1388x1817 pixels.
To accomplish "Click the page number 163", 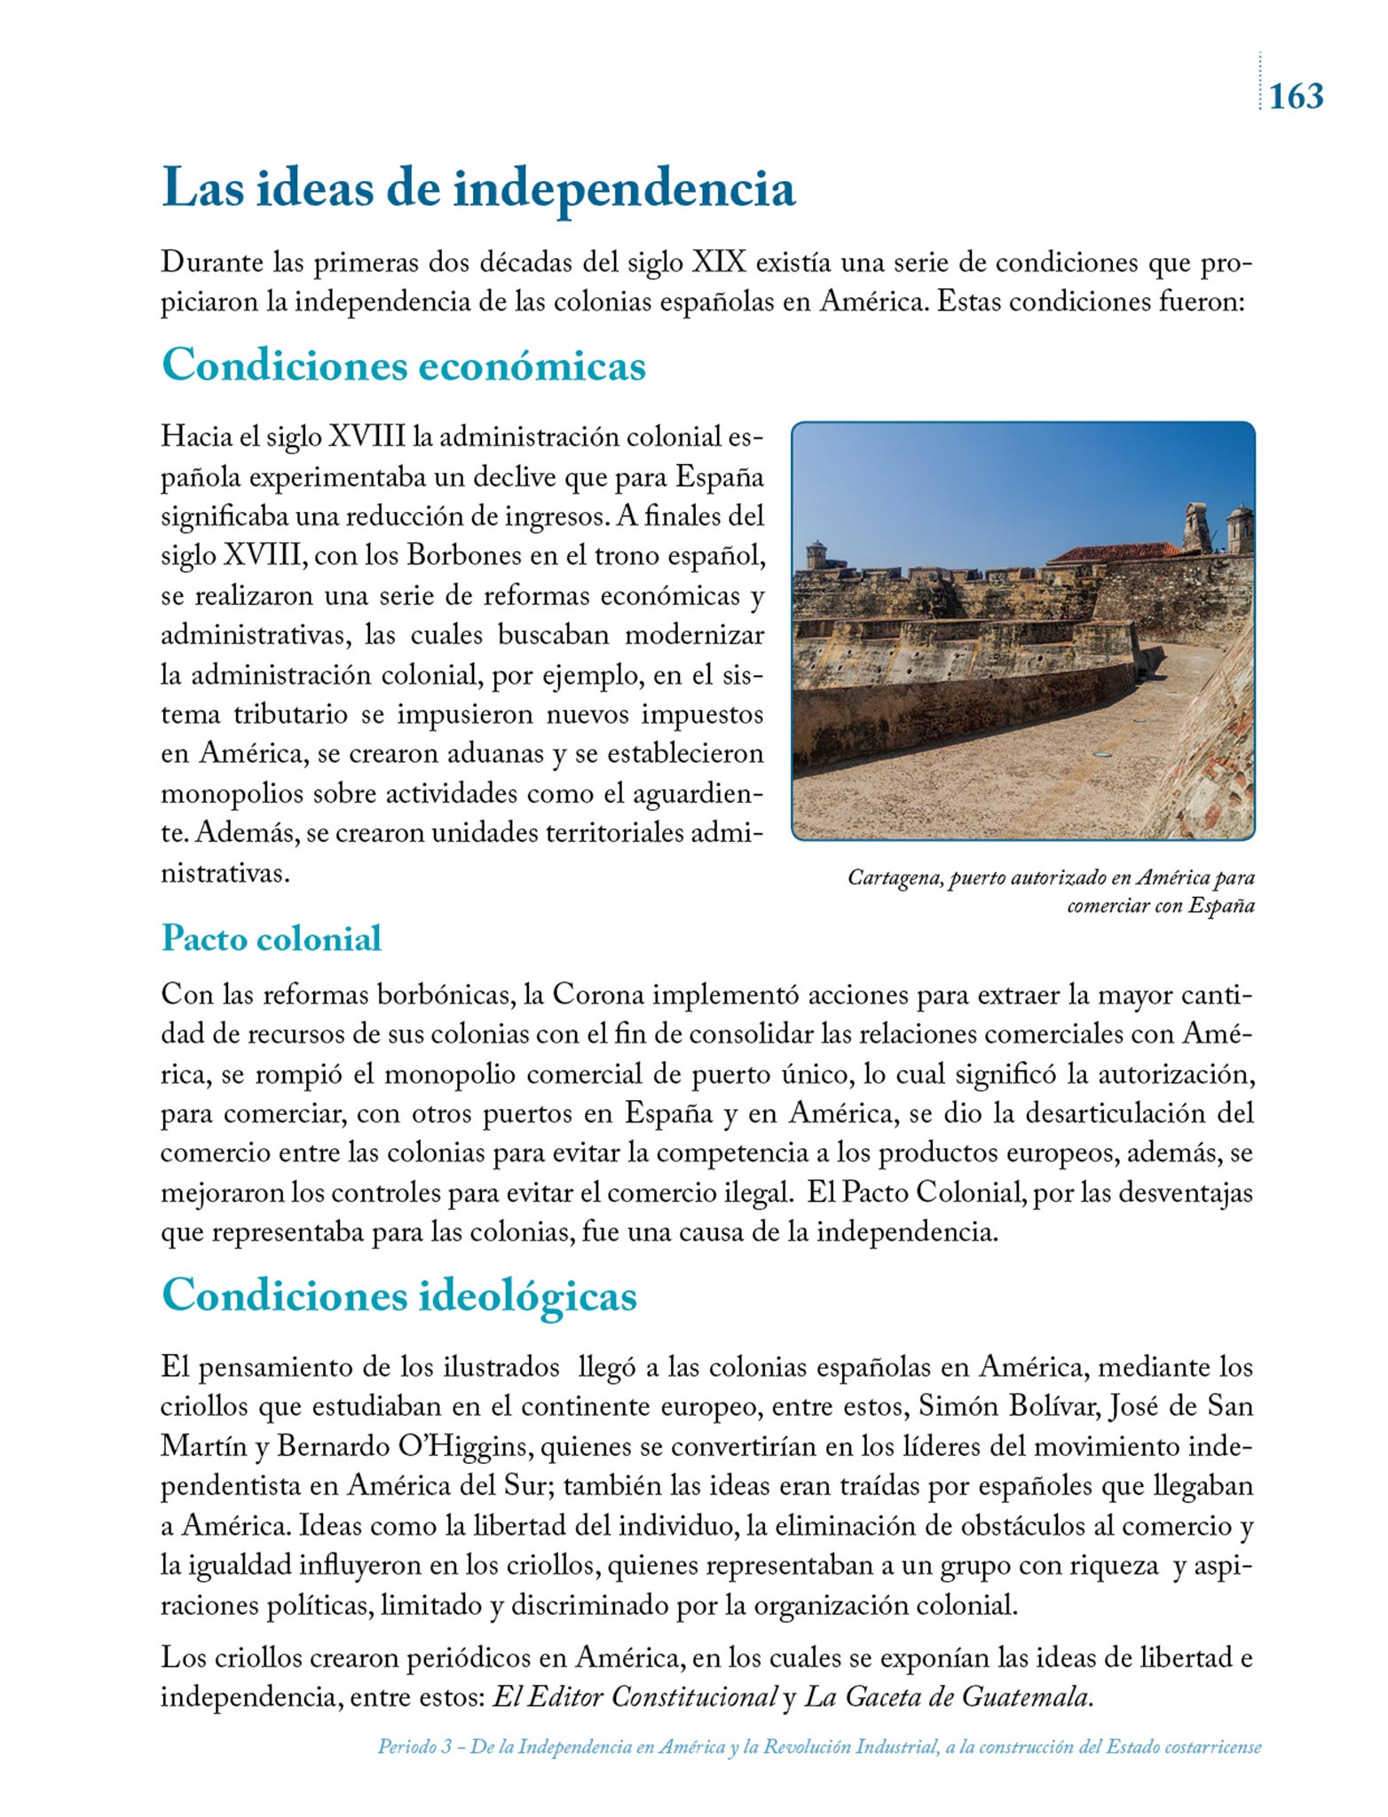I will coord(1296,96).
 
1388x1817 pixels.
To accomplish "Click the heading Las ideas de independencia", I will coord(478,189).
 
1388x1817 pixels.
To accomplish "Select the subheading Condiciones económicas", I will coord(404,365).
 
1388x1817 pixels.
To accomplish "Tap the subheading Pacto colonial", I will coord(272,939).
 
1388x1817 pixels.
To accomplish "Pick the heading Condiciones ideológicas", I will coord(399,1296).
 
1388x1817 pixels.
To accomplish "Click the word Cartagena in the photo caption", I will coord(894,878).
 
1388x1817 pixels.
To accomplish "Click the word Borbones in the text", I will coord(463,556).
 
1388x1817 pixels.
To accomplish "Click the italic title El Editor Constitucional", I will coord(635,1697).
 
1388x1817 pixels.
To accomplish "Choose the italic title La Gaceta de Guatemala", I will coord(946,1697).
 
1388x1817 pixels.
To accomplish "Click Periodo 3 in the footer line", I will coord(414,1747).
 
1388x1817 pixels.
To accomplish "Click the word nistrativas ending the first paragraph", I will coord(226,874).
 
